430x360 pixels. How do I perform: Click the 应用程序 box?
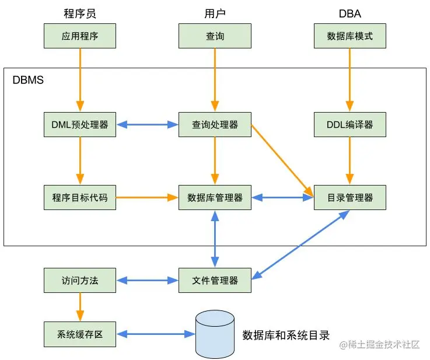80,36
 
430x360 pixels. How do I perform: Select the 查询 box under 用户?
215,36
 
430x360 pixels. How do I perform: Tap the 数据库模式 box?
350,36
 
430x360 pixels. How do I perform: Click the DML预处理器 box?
80,124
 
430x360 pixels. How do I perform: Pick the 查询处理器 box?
215,124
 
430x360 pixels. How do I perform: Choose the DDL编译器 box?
350,124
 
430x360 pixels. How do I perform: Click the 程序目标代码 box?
80,198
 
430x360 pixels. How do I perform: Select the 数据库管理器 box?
215,198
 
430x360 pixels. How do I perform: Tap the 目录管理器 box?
350,198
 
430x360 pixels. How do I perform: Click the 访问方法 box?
80,281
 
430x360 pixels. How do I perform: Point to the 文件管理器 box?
215,281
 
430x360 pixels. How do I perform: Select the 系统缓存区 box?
80,334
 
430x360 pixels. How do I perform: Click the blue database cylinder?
215,334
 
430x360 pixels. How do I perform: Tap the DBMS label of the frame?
28,80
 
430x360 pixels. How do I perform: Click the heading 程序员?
80,13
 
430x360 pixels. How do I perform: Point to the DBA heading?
350,13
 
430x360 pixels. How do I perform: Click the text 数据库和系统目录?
286,335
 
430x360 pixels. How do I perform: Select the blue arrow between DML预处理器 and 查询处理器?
147,124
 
